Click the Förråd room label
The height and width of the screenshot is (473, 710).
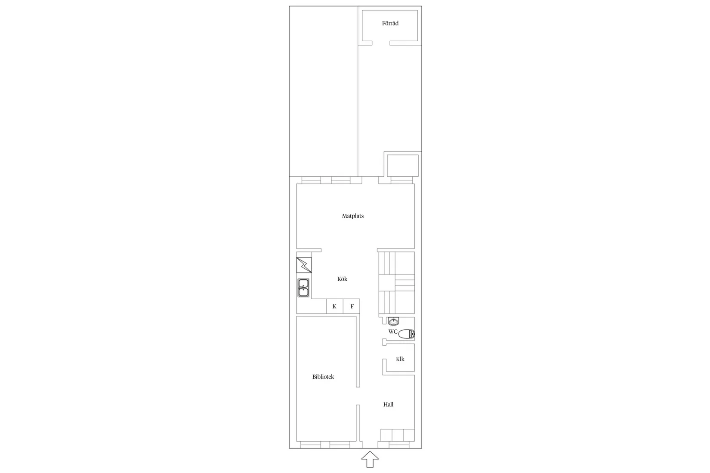[390, 23]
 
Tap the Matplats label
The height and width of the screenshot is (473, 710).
[352, 216]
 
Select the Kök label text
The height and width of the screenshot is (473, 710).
[342, 279]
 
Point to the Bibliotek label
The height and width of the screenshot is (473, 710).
[323, 377]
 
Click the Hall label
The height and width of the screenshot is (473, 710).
[388, 404]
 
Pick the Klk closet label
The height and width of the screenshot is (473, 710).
[400, 359]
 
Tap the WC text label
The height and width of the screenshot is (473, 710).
[393, 332]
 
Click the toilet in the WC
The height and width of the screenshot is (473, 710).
[406, 334]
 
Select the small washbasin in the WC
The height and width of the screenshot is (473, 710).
[393, 321]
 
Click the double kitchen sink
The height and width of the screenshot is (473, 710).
[303, 288]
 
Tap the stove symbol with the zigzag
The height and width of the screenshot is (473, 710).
[304, 265]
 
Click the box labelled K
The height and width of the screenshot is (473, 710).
[335, 306]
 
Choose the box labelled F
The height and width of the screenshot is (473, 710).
[351, 306]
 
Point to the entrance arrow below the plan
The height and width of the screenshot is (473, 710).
[370, 459]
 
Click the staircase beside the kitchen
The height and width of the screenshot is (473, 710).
[396, 283]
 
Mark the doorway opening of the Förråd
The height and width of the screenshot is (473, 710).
[381, 43]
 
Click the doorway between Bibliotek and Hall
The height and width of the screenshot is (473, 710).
[358, 396]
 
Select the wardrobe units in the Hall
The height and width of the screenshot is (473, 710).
[398, 435]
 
